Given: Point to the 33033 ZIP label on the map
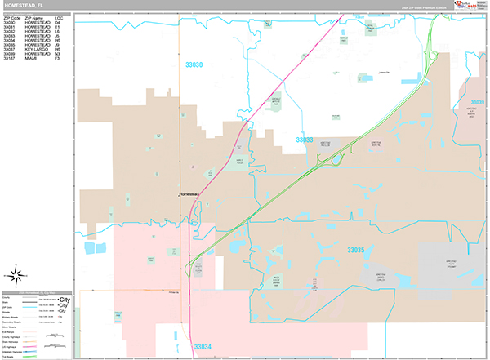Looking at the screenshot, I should pos(304,140).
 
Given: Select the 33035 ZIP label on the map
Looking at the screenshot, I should pos(355,250).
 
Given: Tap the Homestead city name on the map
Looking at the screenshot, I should pos(189,193).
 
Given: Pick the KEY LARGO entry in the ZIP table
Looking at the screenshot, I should pos(38,50).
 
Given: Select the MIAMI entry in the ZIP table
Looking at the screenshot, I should pos(32,59).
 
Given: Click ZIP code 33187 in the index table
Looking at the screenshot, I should pos(10,59).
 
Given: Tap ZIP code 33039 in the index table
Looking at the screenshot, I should pos(10,54).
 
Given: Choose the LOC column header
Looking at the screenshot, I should pos(58,16).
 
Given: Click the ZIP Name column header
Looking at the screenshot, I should pos(35,16).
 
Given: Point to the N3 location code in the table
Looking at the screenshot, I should pos(57,54).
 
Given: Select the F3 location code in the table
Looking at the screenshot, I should pos(57,59).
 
